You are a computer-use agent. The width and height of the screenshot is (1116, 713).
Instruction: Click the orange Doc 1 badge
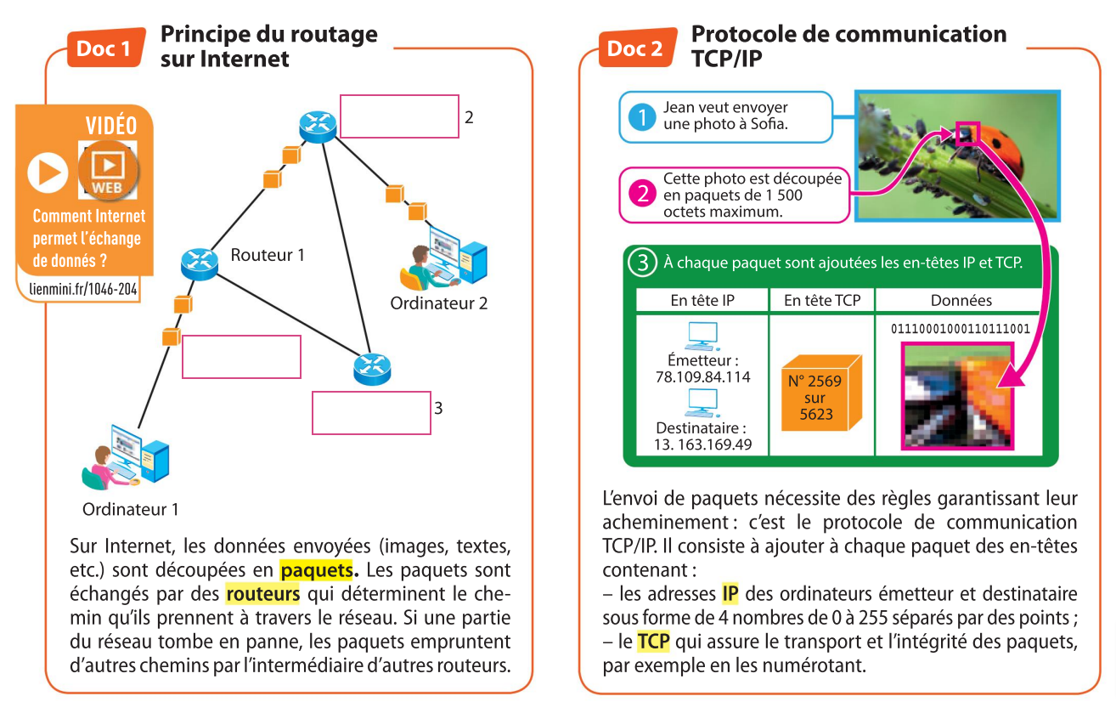(x=104, y=48)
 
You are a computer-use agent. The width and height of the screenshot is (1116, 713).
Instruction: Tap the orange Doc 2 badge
(x=634, y=48)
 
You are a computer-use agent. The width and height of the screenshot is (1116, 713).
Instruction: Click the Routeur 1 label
(x=267, y=254)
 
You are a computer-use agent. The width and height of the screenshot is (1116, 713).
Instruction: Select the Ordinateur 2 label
(x=438, y=303)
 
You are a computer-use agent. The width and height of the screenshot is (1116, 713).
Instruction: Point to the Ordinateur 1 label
(x=131, y=510)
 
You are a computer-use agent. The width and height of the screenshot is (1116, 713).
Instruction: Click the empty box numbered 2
(x=399, y=116)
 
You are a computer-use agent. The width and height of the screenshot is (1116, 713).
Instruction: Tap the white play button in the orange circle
(x=48, y=173)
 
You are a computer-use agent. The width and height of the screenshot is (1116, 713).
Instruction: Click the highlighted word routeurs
(x=263, y=592)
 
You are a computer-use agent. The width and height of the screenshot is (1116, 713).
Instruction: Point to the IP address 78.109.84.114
(x=703, y=376)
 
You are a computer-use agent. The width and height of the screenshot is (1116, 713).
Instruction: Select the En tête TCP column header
(x=821, y=300)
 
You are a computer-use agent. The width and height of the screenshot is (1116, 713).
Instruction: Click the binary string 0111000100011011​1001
(x=960, y=328)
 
